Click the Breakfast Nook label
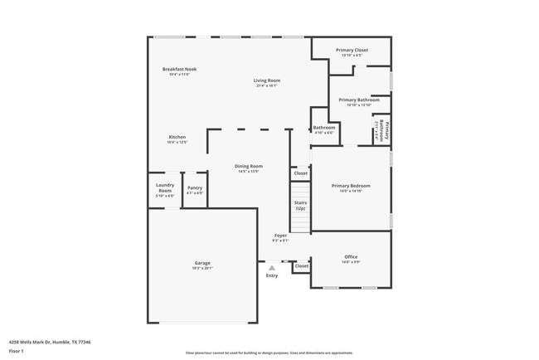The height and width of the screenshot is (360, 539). (179, 70)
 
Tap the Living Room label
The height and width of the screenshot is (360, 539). (267, 80)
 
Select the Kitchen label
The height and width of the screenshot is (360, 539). (177, 137)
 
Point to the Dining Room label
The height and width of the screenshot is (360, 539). (249, 166)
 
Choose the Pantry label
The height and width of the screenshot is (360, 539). (195, 188)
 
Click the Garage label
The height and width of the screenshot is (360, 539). (202, 264)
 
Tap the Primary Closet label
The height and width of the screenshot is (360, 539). (352, 51)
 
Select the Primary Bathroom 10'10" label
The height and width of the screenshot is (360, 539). (359, 100)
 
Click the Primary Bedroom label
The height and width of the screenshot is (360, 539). (351, 186)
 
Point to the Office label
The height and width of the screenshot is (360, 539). (351, 258)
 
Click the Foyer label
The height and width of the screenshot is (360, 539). (281, 236)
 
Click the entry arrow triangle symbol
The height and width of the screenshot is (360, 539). (271, 267)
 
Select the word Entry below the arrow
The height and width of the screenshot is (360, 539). (272, 275)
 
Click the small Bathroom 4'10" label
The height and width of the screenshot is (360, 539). (323, 129)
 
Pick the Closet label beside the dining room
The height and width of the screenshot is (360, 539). (300, 173)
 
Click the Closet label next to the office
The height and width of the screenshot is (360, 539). (301, 266)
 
